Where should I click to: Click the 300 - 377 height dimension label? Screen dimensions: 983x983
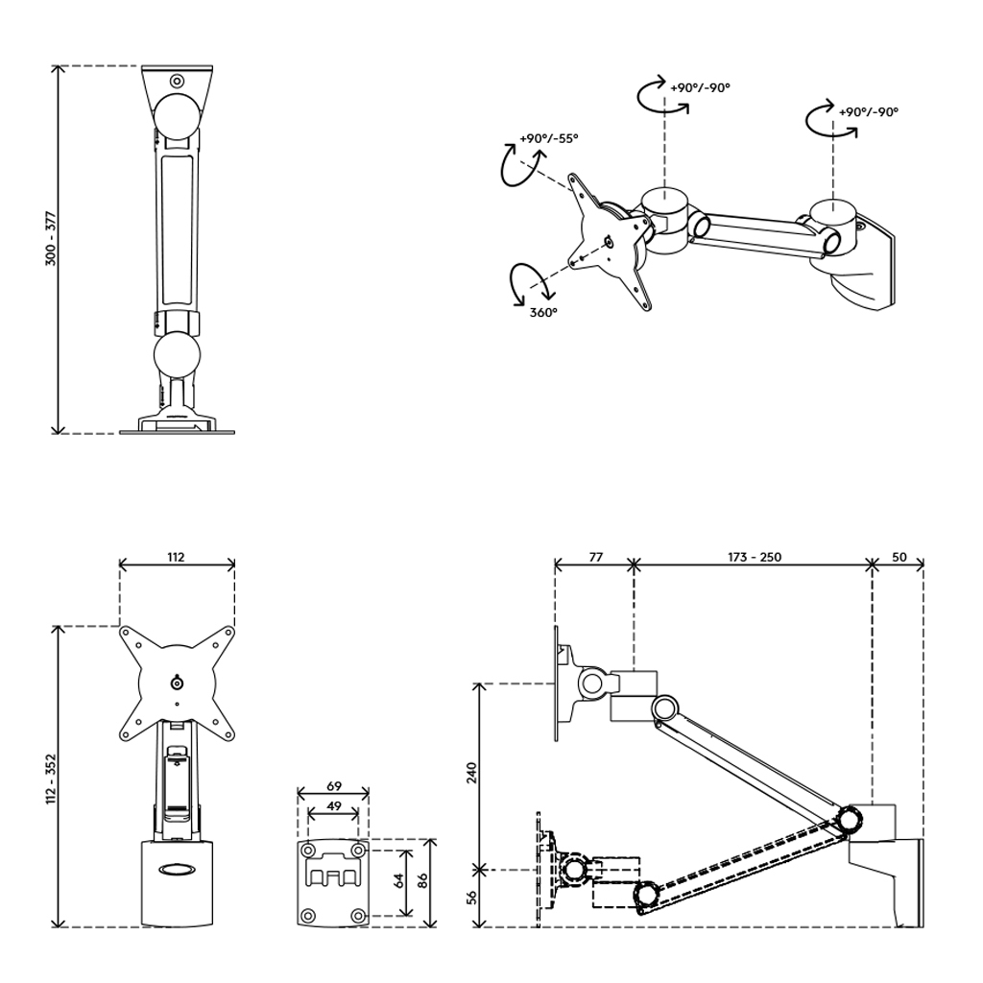tap(51, 239)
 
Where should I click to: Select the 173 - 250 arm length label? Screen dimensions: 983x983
tap(755, 557)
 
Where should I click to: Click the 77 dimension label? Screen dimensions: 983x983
tap(595, 557)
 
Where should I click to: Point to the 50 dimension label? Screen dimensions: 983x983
tap(899, 557)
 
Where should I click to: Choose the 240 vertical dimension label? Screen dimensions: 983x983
tap(472, 773)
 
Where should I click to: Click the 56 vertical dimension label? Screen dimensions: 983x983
tap(472, 897)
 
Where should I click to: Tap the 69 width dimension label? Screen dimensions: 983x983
tap(333, 785)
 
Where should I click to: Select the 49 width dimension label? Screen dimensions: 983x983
tap(333, 805)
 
